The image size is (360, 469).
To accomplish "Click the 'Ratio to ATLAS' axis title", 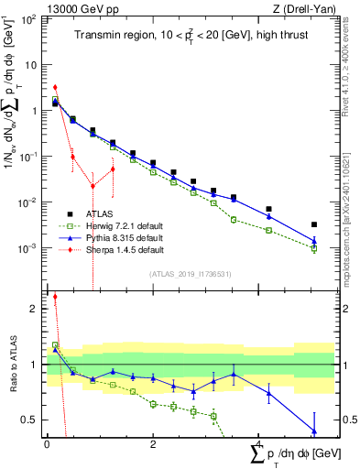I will [12, 365].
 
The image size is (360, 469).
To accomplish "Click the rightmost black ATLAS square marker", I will [314, 224].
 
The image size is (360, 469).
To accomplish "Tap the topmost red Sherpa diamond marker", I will [55, 87].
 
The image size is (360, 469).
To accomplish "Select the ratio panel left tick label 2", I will [36, 309].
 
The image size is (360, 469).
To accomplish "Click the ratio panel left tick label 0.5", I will [32, 420].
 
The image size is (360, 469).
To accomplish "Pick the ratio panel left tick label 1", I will [36, 365].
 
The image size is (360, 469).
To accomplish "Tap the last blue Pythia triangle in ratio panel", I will [314, 431].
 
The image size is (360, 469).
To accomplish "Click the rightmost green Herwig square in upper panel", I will [314, 248].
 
